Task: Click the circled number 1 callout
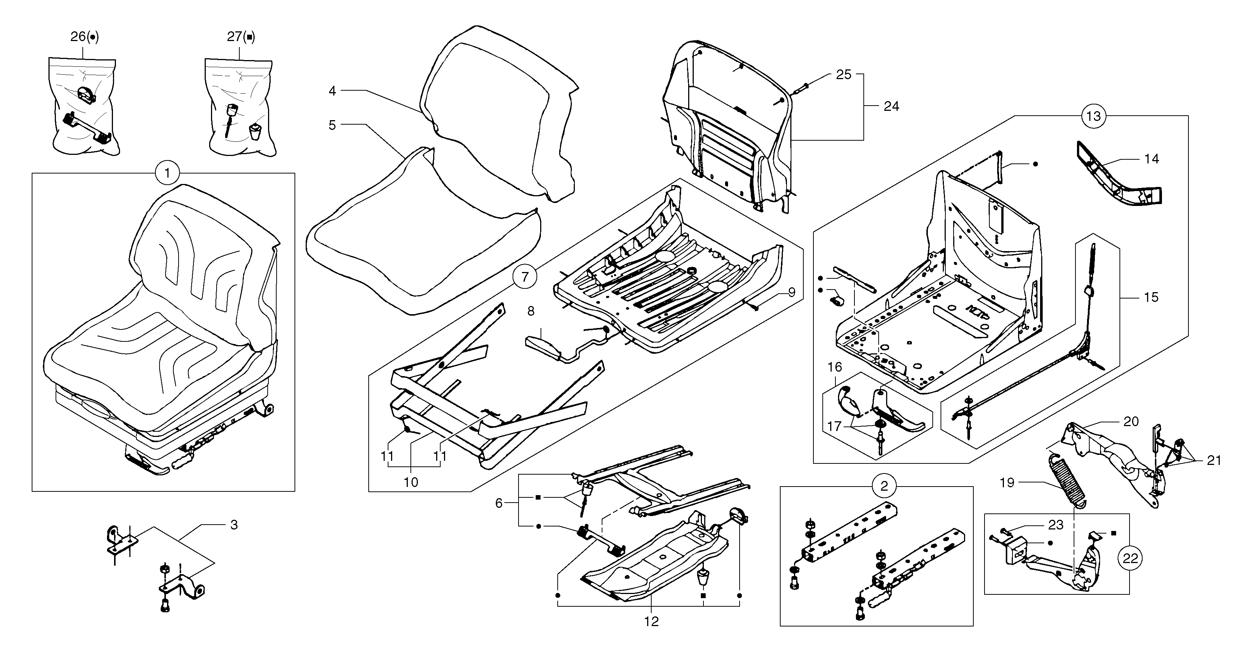coord(167,173)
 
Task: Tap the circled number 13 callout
coord(1094,116)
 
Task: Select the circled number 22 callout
coord(1130,558)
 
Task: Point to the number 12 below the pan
coord(651,622)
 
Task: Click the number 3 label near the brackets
coord(234,525)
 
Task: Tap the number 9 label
coord(791,292)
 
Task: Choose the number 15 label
coord(1150,297)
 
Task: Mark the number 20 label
coord(1131,422)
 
